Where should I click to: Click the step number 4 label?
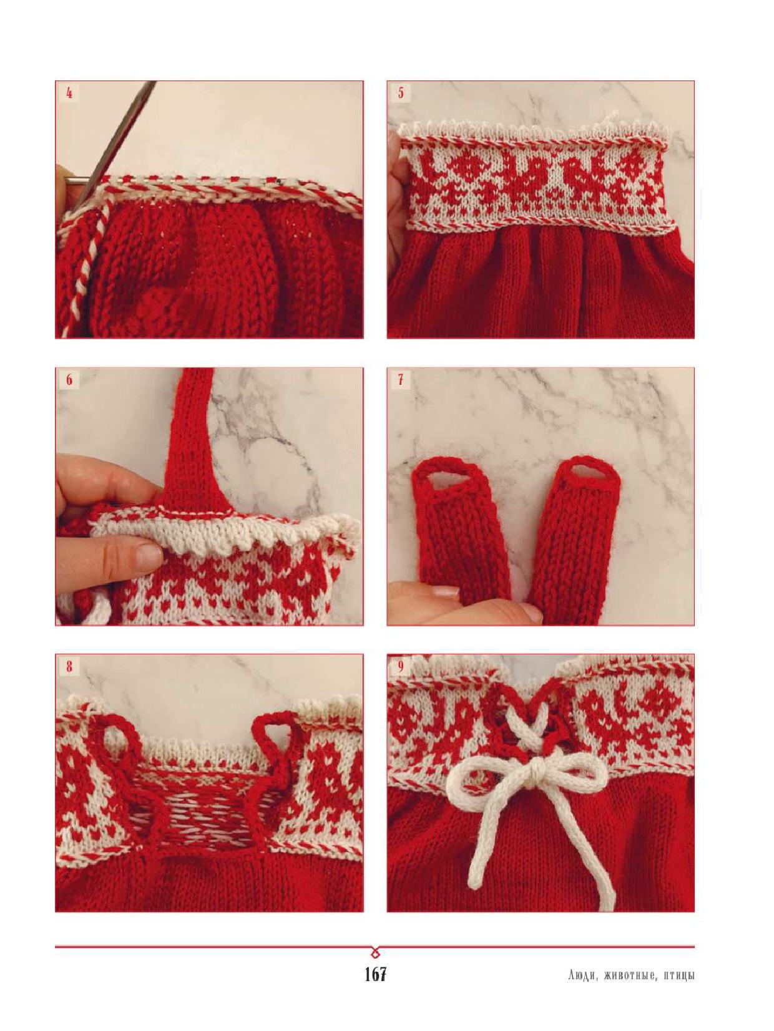coord(69,93)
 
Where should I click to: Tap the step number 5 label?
coord(401,93)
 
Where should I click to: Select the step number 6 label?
coord(69,379)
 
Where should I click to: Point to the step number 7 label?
coord(401,379)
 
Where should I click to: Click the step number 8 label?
coord(69,667)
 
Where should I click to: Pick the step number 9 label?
coord(401,667)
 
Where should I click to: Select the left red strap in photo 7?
coord(461,531)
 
